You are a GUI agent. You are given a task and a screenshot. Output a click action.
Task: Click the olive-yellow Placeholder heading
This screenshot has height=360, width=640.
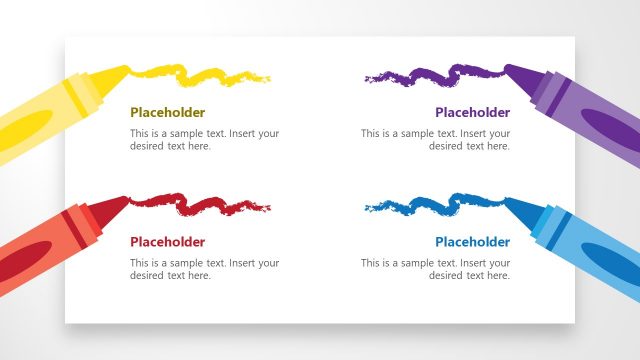(x=167, y=113)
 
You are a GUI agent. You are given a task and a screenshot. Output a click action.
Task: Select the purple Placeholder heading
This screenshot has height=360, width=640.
(x=472, y=113)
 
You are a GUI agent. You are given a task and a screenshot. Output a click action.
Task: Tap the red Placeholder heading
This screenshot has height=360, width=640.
(x=167, y=242)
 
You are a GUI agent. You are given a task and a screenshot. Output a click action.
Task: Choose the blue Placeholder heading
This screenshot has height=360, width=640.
(x=472, y=242)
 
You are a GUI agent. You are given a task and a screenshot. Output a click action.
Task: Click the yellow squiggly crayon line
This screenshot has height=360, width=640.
(x=200, y=73)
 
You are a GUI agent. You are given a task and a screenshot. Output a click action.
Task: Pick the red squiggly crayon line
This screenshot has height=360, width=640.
(x=200, y=204)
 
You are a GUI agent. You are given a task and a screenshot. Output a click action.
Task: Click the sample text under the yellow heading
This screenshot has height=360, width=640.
(x=204, y=140)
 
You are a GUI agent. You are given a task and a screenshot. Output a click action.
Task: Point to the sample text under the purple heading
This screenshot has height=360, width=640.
(x=435, y=140)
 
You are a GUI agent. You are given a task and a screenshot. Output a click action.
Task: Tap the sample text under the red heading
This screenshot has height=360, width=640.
(x=204, y=269)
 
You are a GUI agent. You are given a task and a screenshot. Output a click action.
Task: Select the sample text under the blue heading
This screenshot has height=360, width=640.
(x=435, y=269)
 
